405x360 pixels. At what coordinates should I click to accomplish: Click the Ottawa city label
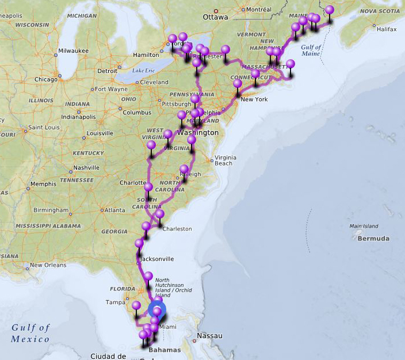pyautogui.click(x=215, y=17)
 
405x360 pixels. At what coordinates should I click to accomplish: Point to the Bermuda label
pyautogui.click(x=373, y=238)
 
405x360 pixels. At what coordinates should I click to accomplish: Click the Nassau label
pyautogui.click(x=209, y=335)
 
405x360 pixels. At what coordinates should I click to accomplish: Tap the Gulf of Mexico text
pyautogui.click(x=30, y=333)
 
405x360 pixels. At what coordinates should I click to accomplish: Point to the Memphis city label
pyautogui.click(x=44, y=184)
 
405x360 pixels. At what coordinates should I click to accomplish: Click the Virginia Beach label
pyautogui.click(x=224, y=160)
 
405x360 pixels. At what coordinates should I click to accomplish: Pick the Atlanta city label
pyautogui.click(x=115, y=210)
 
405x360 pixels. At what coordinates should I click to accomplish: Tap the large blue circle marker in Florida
pyautogui.click(x=156, y=309)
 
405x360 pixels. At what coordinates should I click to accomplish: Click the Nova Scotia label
pyautogui.click(x=380, y=10)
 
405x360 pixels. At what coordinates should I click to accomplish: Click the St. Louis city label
pyautogui.click(x=43, y=127)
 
